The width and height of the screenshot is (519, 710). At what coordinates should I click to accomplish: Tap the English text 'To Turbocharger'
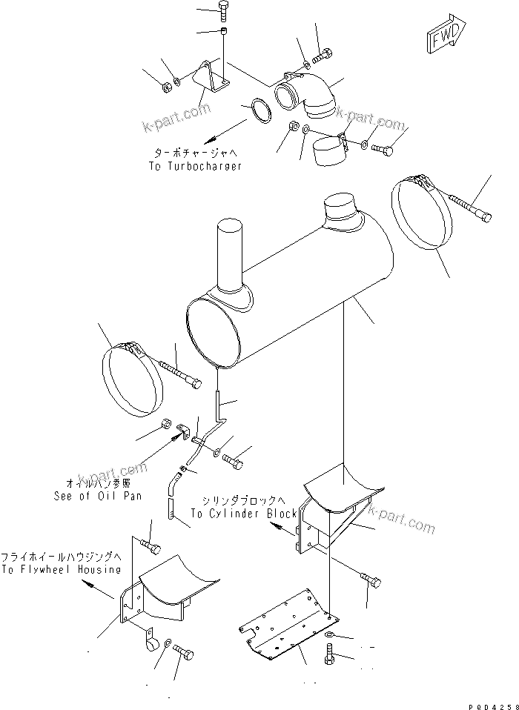[195, 167]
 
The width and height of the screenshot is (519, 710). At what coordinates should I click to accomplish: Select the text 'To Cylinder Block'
[243, 514]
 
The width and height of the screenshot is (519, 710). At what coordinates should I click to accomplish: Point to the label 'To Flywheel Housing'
[61, 569]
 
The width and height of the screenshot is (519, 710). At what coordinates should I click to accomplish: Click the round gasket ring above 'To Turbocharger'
[259, 111]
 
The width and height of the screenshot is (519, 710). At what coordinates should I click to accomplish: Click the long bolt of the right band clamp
[469, 207]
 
